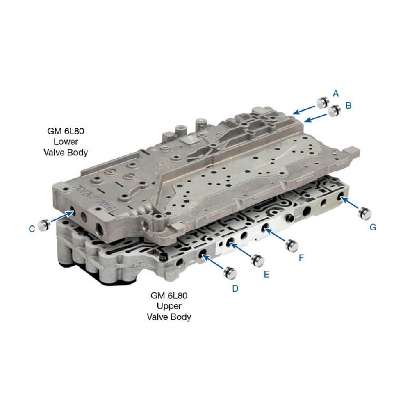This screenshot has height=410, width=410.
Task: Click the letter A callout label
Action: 336,93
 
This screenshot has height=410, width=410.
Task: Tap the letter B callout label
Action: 348,105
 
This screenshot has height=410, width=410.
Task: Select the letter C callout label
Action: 32,229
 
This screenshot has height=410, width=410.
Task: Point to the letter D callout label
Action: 235,288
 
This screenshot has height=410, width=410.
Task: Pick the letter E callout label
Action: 266,274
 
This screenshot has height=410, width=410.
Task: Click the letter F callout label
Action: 301,258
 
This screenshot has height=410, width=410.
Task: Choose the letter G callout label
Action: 373,228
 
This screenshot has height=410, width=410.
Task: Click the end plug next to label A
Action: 322,103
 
